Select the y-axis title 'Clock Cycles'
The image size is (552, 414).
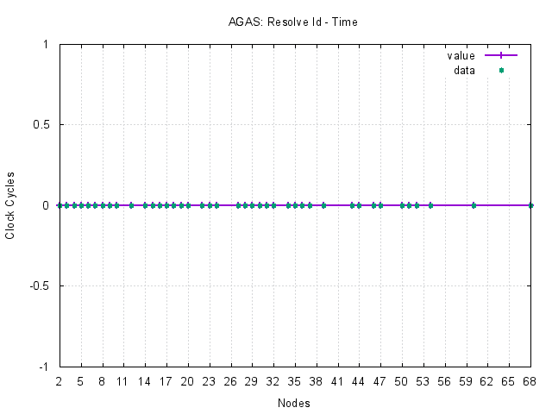point(10,205)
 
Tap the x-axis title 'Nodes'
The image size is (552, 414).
point(295,403)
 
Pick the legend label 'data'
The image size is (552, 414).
point(464,70)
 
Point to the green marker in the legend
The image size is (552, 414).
point(501,70)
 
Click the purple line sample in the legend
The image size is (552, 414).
point(501,55)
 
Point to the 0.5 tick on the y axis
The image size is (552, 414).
point(41,125)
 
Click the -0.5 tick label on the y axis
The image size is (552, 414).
point(39,286)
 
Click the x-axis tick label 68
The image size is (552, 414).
point(530,380)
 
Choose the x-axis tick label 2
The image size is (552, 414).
point(60,380)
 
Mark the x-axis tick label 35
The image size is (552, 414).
point(295,380)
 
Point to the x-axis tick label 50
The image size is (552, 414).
point(402,380)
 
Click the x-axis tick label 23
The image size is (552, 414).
point(210,380)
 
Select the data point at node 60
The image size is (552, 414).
point(474,205)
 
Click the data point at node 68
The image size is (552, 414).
point(530,205)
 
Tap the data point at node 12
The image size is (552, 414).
point(131,205)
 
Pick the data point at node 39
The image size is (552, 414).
point(323,205)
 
